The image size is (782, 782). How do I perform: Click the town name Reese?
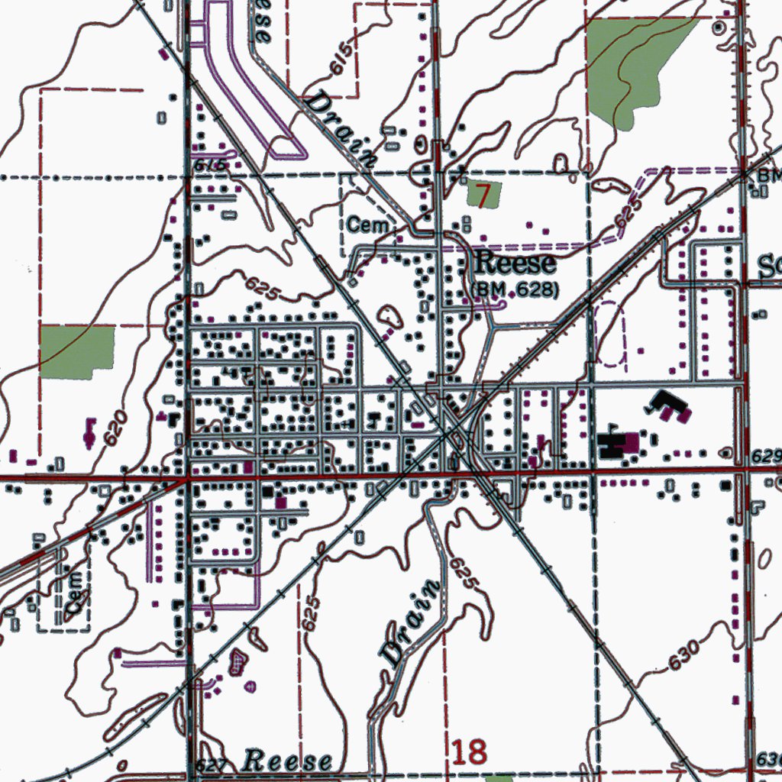coord(515,264)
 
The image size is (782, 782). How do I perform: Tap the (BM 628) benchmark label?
coord(515,290)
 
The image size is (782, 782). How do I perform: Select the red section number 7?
coord(482,194)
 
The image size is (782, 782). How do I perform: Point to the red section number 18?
coord(469,752)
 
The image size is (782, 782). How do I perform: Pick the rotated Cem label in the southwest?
coord(74,592)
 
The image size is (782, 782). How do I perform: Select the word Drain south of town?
coord(410,622)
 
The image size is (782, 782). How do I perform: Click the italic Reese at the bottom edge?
coord(288,761)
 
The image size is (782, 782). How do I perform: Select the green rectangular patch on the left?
coord(77,351)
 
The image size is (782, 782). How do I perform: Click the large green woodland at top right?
coord(634,65)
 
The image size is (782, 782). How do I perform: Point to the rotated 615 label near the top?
coord(343,59)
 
